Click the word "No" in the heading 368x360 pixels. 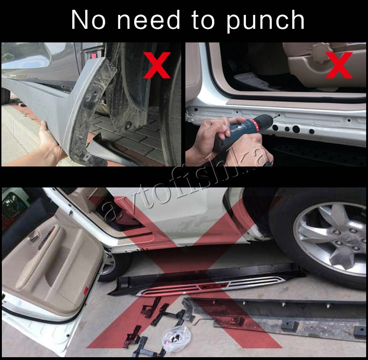point(89,20)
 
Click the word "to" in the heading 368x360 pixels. point(203,20)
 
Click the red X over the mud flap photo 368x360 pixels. point(157,65)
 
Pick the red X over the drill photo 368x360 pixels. point(339,65)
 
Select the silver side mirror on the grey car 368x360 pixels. point(25,55)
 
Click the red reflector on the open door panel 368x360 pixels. point(85,290)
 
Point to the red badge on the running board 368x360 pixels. point(213,286)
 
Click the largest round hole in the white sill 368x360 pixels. point(296,129)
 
